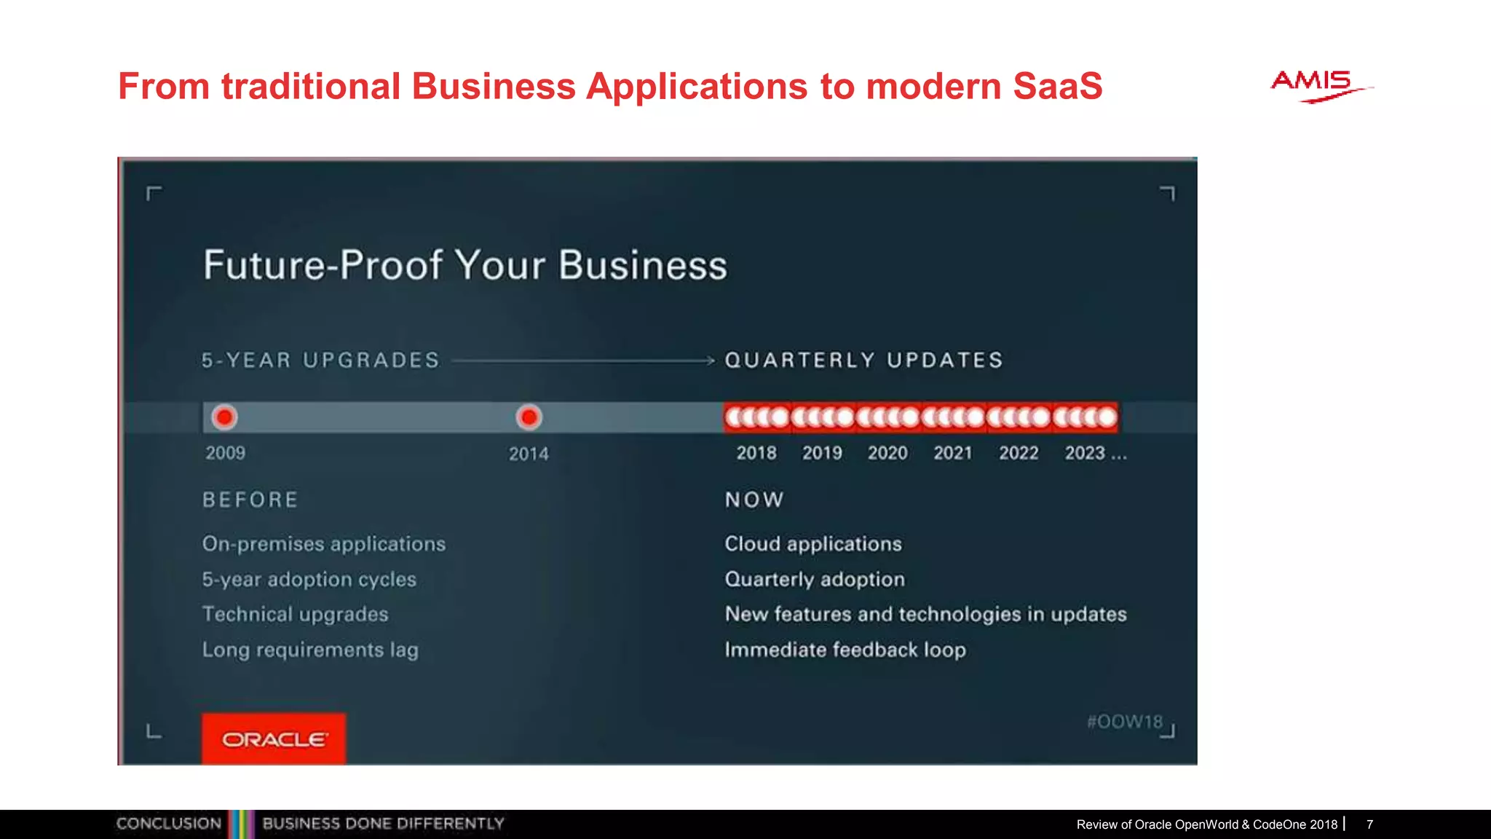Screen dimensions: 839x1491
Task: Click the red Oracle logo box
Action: pyautogui.click(x=274, y=738)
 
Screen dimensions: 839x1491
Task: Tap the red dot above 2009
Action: pyautogui.click(x=224, y=417)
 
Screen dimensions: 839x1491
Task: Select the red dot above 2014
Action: pyautogui.click(x=529, y=417)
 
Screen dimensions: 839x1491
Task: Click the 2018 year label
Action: pyautogui.click(x=756, y=453)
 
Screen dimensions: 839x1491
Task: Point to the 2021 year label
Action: pyautogui.click(x=953, y=453)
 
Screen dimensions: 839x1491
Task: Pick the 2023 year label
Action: pyautogui.click(x=1085, y=453)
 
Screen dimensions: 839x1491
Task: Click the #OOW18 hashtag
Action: pyautogui.click(x=1124, y=722)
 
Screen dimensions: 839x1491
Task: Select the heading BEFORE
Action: pyautogui.click(x=250, y=500)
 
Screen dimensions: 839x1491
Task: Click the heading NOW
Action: pyautogui.click(x=754, y=500)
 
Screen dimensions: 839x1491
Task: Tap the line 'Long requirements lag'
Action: pyautogui.click(x=310, y=650)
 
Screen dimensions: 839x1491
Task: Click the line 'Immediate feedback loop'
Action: pyautogui.click(x=845, y=650)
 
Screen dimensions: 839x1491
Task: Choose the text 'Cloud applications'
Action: pyautogui.click(x=813, y=544)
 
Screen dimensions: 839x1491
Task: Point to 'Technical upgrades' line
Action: pyautogui.click(x=296, y=614)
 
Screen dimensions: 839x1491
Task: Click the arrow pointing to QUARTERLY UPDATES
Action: pyautogui.click(x=582, y=360)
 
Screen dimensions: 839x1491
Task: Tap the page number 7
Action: pyautogui.click(x=1369, y=824)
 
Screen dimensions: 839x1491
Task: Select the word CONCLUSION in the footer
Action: pyautogui.click(x=169, y=824)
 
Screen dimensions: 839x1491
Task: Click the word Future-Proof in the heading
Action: pyautogui.click(x=323, y=265)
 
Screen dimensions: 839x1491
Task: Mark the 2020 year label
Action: pyautogui.click(x=887, y=453)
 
